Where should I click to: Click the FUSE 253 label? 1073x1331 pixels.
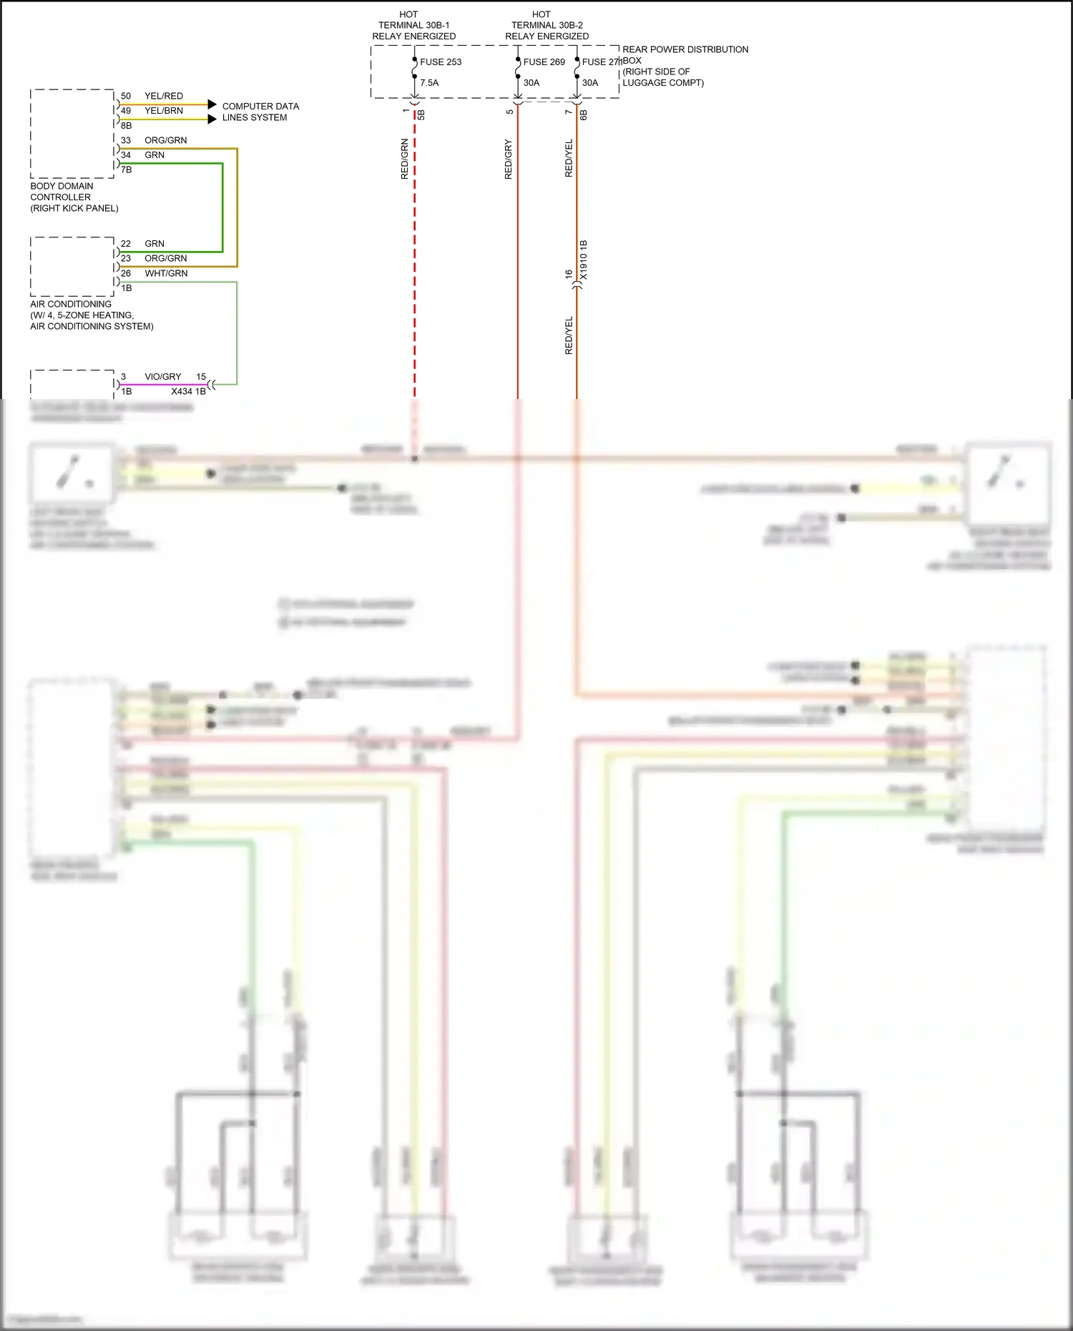pos(441,62)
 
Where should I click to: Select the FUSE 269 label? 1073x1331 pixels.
pos(544,62)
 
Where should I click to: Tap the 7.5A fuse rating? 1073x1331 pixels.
pos(429,83)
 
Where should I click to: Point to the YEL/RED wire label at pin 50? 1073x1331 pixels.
pos(164,96)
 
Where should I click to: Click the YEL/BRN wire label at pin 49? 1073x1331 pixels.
pos(164,111)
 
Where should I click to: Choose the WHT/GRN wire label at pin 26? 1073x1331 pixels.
pos(166,273)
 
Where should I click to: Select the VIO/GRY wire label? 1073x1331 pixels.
pos(163,377)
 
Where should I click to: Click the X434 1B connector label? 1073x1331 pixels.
pos(188,391)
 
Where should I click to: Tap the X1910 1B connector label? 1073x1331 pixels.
pos(584,260)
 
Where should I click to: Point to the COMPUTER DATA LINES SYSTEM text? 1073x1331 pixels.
pos(260,112)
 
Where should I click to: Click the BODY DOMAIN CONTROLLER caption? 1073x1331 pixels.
pos(74,197)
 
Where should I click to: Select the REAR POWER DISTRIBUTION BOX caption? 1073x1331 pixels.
pos(685,66)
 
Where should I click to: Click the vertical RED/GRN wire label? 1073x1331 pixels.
pos(405,159)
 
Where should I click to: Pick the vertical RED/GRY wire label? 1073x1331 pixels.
pos(509,159)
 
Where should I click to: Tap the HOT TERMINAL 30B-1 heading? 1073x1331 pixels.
pos(413,25)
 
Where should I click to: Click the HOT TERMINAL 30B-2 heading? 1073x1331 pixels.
pos(547,25)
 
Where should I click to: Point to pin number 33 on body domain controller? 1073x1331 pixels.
pos(126,140)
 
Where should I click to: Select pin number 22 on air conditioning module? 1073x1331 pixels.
pos(126,244)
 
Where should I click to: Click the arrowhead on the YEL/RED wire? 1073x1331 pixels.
pos(212,104)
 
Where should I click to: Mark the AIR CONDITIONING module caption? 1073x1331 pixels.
pos(92,315)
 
